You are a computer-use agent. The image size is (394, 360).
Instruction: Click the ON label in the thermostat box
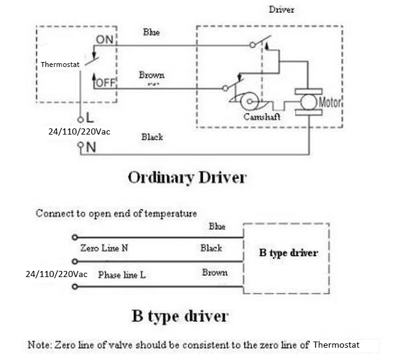click(x=104, y=39)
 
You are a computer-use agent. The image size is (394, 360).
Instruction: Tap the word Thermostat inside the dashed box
click(x=60, y=64)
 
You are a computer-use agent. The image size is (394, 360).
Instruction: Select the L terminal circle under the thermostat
click(x=79, y=119)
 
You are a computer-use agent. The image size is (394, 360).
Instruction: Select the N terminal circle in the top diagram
click(x=79, y=147)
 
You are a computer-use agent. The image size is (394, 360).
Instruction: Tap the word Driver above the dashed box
click(x=282, y=10)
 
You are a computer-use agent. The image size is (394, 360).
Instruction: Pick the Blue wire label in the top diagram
click(x=151, y=32)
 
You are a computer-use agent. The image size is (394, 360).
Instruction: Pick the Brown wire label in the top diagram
click(x=151, y=75)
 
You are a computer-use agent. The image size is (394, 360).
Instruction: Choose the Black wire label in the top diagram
click(x=152, y=137)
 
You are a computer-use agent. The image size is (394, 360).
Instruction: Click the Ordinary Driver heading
click(x=187, y=178)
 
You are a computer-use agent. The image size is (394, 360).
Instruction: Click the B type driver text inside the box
click(x=287, y=253)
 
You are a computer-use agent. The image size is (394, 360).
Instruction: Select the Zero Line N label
click(x=104, y=249)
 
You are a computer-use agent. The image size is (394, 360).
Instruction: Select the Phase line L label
click(x=122, y=275)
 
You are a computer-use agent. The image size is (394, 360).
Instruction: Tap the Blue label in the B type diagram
click(x=216, y=226)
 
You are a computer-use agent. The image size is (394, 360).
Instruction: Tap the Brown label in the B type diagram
click(x=215, y=272)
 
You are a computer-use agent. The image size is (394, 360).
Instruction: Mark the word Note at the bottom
click(x=40, y=345)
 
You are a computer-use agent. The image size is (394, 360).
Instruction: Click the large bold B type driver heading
click(x=180, y=316)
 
